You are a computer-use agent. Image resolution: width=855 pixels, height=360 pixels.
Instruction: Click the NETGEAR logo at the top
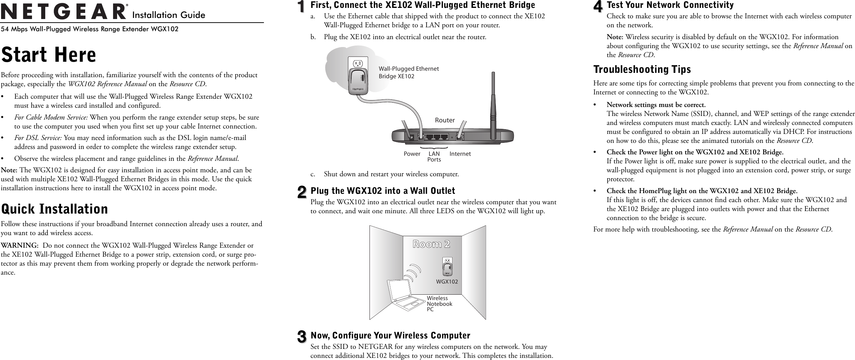pos(64,12)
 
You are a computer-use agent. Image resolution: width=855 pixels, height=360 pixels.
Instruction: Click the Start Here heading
pos(49,55)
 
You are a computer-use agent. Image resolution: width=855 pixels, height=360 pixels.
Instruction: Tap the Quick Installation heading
pos(55,209)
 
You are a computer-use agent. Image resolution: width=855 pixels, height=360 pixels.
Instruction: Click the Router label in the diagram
pos(445,120)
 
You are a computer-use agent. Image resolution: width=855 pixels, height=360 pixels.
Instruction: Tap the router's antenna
pos(493,102)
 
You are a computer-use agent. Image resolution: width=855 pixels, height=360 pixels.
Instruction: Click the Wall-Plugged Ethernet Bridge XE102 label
pos(409,72)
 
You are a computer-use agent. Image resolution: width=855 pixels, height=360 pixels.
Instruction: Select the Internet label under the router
pos(460,154)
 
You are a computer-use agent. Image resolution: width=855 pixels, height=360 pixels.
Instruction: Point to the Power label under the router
pos(412,154)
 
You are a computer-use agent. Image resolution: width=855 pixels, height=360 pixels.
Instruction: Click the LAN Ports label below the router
pos(434,156)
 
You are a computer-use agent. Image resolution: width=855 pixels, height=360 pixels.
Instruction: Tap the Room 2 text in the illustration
pos(431,244)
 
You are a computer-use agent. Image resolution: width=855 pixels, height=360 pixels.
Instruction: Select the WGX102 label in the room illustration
pos(447,282)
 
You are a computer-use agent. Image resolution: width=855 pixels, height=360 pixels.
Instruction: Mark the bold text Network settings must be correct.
pos(656,105)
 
